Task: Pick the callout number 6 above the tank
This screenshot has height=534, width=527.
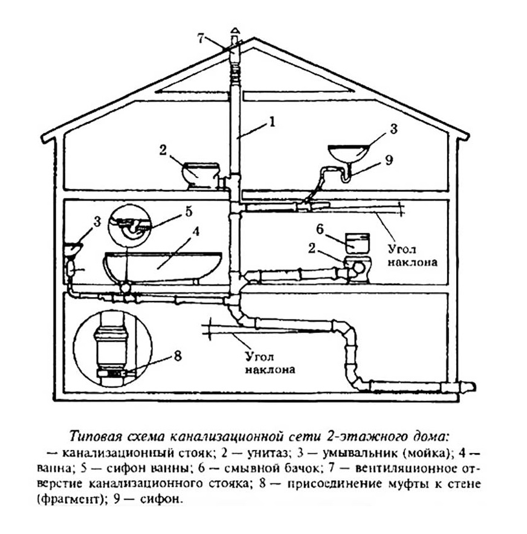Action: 320,229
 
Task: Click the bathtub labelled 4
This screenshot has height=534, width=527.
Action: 163,263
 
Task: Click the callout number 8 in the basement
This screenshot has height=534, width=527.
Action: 176,355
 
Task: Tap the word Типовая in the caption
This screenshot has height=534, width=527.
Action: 95,436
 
